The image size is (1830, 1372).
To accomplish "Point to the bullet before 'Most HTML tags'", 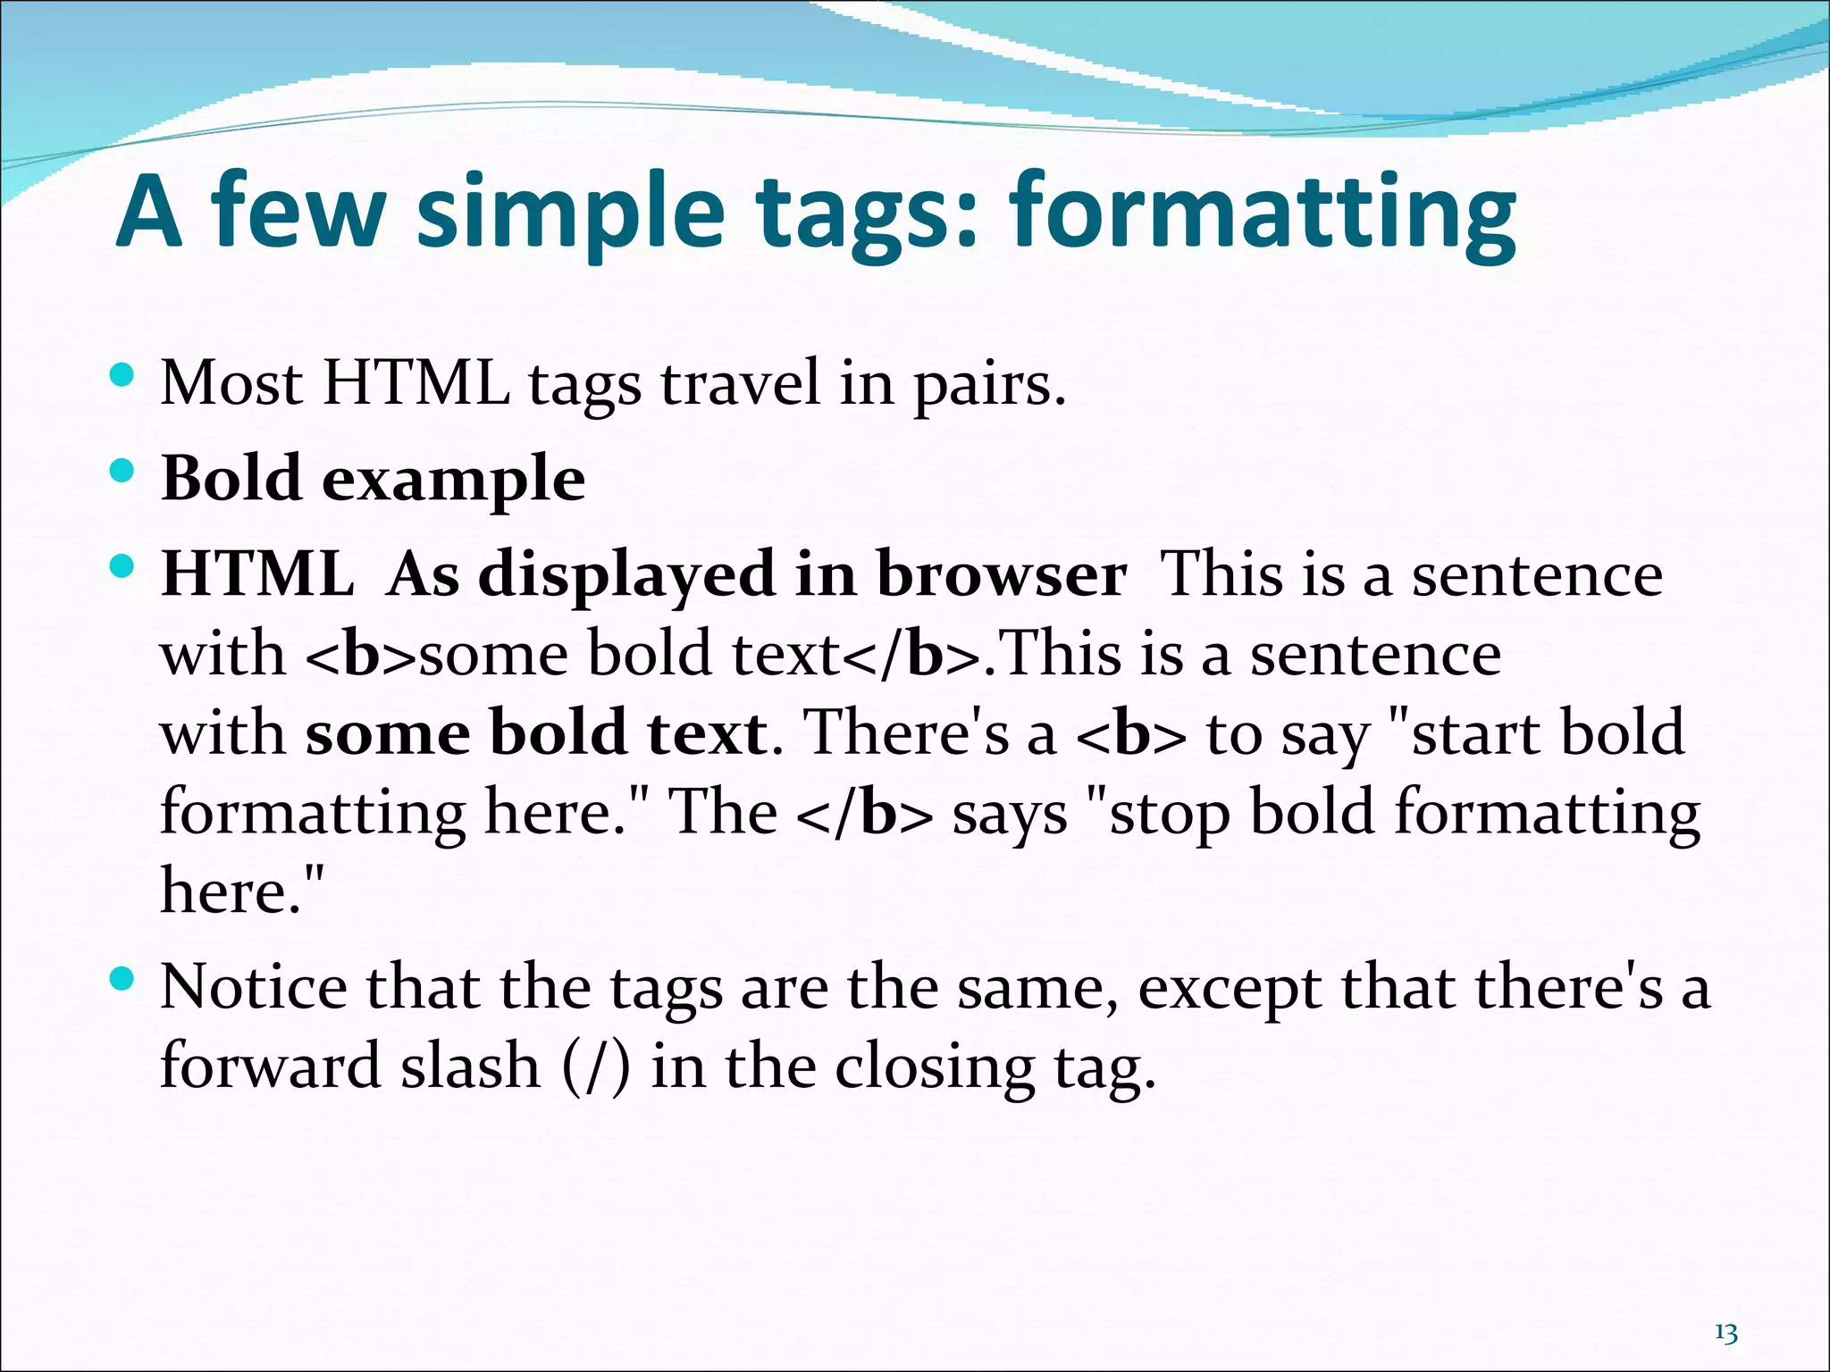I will (122, 374).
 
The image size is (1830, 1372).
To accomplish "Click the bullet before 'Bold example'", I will (122, 470).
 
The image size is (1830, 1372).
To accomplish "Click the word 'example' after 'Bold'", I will (453, 480).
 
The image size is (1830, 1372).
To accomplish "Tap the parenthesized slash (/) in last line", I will (596, 1067).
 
